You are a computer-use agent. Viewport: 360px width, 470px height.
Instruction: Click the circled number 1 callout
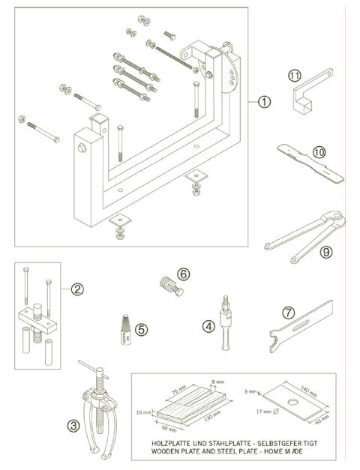[x=263, y=102]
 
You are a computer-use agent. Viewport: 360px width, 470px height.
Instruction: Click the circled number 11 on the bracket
[x=295, y=76]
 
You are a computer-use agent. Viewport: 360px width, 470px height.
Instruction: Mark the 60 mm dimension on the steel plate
[x=324, y=421]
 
